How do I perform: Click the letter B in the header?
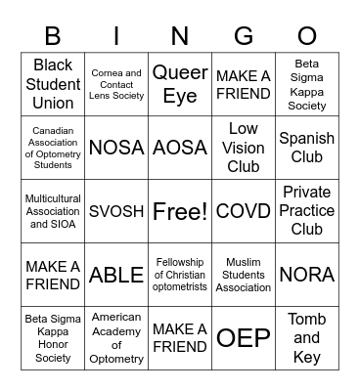click(53, 36)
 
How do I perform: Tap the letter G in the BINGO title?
click(244, 36)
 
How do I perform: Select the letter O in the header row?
click(306, 36)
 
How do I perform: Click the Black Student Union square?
click(53, 84)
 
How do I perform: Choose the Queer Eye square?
click(180, 84)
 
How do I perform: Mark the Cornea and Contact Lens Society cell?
click(116, 84)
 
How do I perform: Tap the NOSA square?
click(116, 148)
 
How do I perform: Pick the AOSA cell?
click(180, 148)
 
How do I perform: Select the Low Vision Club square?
click(244, 148)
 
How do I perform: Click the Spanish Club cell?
click(306, 148)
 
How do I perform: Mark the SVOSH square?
click(116, 211)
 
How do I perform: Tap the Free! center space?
click(180, 211)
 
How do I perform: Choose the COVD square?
click(244, 211)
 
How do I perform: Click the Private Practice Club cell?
click(306, 211)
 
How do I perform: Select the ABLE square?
click(116, 275)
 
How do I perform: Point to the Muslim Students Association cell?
click(244, 275)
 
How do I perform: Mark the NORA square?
click(306, 275)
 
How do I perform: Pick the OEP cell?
click(244, 338)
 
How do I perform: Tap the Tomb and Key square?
click(306, 338)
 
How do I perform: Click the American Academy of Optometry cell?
click(116, 338)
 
